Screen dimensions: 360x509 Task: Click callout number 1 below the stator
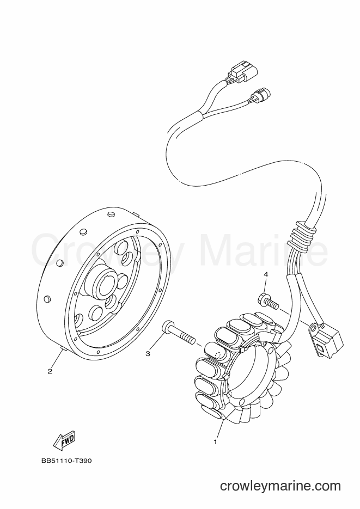pyautogui.click(x=215, y=442)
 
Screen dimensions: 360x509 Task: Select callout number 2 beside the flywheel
pyautogui.click(x=50, y=371)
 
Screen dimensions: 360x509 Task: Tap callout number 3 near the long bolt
pyautogui.click(x=148, y=354)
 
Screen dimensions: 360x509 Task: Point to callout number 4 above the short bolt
pyautogui.click(x=266, y=275)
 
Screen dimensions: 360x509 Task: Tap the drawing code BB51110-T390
pyautogui.click(x=66, y=461)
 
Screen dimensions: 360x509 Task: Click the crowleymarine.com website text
pyautogui.click(x=280, y=486)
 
